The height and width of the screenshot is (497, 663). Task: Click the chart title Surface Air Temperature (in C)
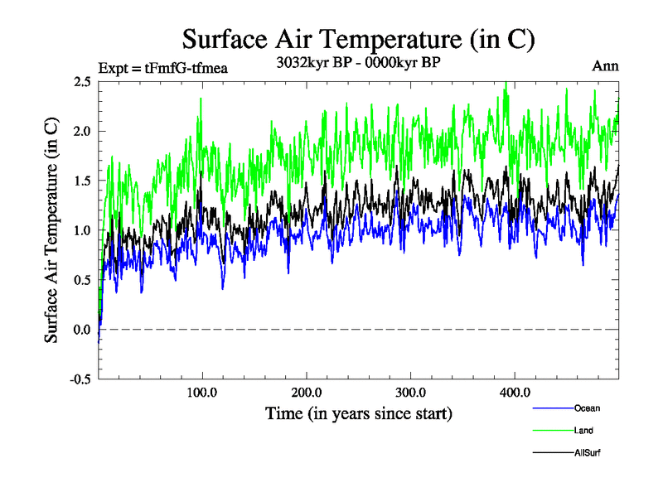point(358,39)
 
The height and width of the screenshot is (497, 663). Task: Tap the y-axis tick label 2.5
point(81,81)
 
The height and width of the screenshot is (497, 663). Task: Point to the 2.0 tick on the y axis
point(81,131)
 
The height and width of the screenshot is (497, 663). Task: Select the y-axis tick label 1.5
point(81,181)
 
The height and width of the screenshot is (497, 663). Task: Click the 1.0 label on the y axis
point(81,230)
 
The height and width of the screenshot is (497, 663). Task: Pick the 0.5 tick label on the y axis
point(81,280)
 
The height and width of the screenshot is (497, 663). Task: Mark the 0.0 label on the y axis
point(81,330)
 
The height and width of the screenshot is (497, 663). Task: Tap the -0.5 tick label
point(80,379)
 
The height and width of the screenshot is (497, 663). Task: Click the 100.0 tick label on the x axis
point(202,392)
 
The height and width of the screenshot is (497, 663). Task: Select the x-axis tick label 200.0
point(307,392)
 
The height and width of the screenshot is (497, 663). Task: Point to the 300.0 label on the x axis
point(411,392)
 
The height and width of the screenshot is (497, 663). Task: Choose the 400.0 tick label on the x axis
point(515,392)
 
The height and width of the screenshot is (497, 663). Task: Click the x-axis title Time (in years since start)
point(358,413)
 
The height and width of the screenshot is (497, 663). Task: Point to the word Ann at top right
point(605,66)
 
